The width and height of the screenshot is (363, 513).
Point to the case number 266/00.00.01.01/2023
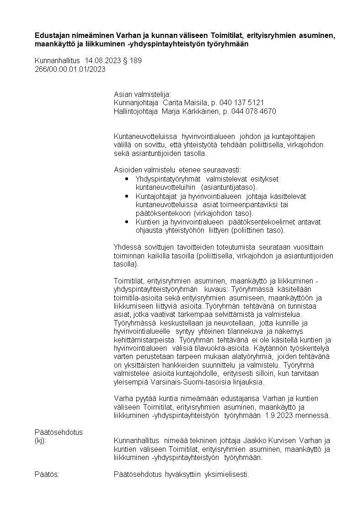point(70,69)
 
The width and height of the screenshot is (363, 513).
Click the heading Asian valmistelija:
point(142,94)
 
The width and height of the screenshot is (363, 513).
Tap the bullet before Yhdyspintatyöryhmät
point(127,179)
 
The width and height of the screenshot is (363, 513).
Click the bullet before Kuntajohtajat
point(127,196)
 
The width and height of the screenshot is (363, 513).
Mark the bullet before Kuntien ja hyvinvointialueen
point(127,222)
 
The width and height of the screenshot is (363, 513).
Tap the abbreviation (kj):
point(40,441)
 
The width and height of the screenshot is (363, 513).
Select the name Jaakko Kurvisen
point(272,441)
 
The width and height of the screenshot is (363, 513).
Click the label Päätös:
point(47,474)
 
